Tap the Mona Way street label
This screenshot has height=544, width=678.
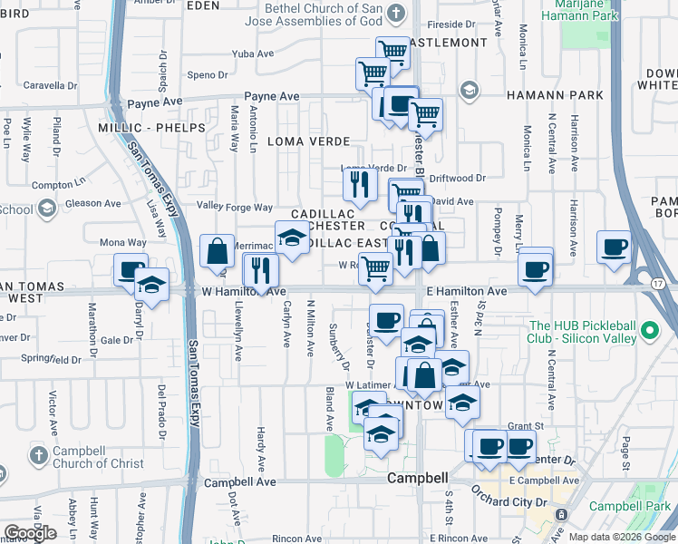tap(122, 243)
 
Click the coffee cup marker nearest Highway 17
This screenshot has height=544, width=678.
tap(614, 246)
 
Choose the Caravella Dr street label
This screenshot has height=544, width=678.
tap(51, 85)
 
